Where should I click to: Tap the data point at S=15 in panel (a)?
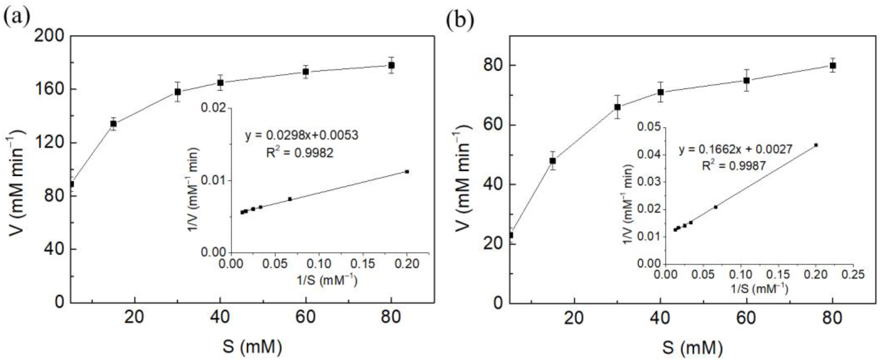click(x=114, y=124)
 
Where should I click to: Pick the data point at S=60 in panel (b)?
click(x=746, y=80)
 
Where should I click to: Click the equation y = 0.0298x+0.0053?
click(x=302, y=135)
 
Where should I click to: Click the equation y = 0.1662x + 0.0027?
click(x=735, y=149)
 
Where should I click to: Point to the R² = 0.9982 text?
click(x=300, y=153)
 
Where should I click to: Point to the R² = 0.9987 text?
click(x=734, y=166)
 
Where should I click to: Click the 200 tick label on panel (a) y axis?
click(x=49, y=36)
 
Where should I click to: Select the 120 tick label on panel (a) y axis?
click(x=49, y=143)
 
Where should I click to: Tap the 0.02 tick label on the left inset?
click(x=214, y=108)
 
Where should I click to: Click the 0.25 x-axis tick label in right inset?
click(x=853, y=274)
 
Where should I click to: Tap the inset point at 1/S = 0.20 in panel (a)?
click(x=407, y=171)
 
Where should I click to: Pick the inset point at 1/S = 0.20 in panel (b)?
click(x=816, y=145)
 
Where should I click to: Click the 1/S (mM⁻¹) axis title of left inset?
click(x=327, y=281)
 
